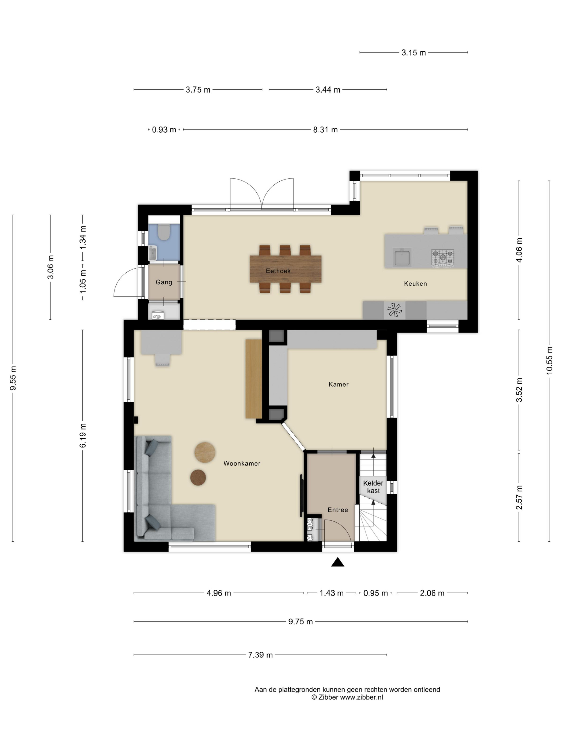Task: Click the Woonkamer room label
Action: pyautogui.click(x=242, y=464)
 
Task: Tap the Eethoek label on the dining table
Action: pyautogui.click(x=278, y=271)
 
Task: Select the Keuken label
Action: pyautogui.click(x=415, y=284)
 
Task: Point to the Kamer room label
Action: pyautogui.click(x=339, y=384)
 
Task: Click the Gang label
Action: pyautogui.click(x=164, y=282)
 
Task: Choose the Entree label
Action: pyautogui.click(x=338, y=510)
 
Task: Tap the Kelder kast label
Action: pyautogui.click(x=373, y=487)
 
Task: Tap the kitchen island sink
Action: pyautogui.click(x=402, y=257)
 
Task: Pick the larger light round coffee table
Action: pyautogui.click(x=205, y=452)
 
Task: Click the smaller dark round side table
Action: pyautogui.click(x=198, y=477)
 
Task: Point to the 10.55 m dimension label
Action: pyautogui.click(x=549, y=361)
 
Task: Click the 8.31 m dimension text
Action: pyautogui.click(x=325, y=130)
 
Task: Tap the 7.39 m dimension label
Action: pyautogui.click(x=260, y=655)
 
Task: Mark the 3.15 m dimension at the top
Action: pyautogui.click(x=414, y=53)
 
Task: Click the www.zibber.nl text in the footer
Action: pyautogui.click(x=362, y=697)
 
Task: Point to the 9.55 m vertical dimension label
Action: pyautogui.click(x=13, y=378)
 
